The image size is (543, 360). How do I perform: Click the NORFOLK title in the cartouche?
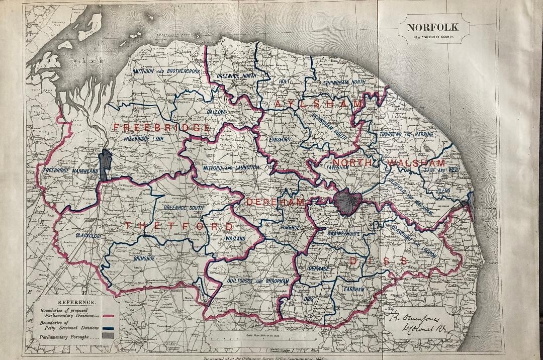point(432,28)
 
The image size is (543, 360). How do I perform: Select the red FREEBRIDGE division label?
point(162,128)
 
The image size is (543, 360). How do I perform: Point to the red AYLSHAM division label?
point(318,104)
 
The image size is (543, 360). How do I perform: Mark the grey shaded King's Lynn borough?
point(105,165)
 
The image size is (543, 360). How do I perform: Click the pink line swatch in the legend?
point(109,316)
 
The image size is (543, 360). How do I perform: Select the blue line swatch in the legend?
point(109,326)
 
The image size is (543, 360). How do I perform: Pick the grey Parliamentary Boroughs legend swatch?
point(109,335)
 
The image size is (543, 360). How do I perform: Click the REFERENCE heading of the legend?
point(76,302)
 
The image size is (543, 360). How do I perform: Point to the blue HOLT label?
point(285,80)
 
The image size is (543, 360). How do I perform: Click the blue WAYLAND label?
point(235,238)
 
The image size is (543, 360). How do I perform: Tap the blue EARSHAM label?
point(354,289)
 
